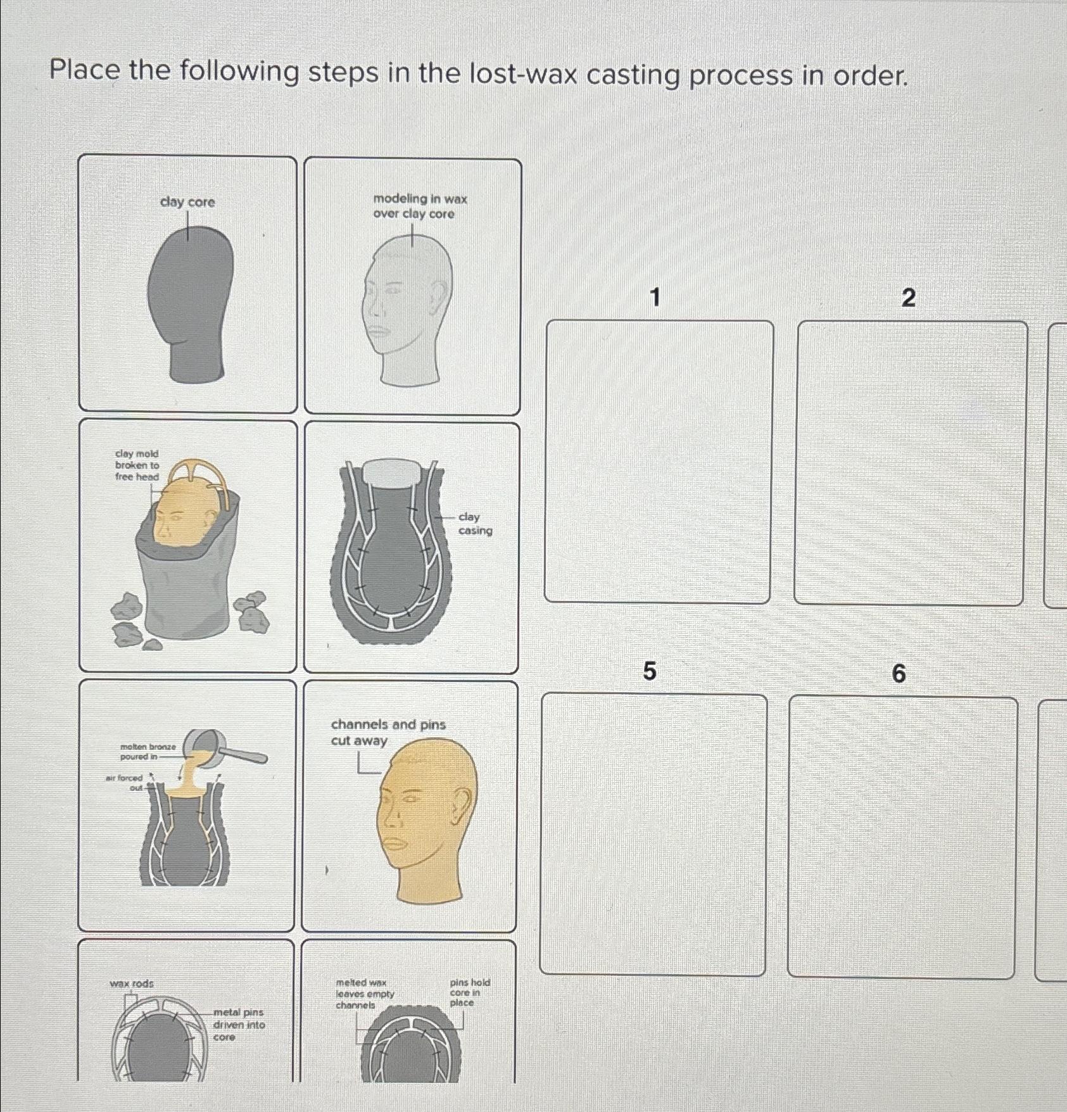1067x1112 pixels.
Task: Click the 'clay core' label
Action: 187,202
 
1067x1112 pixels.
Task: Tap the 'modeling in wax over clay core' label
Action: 420,206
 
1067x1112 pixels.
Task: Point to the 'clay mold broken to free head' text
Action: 137,465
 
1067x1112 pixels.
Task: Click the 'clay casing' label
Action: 474,524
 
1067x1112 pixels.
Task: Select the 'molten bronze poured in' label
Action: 148,752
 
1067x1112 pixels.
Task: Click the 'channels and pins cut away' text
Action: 388,732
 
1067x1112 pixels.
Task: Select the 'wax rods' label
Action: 131,983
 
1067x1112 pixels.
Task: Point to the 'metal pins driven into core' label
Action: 239,1025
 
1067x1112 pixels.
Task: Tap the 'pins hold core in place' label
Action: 469,992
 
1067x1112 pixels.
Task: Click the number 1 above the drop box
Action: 655,296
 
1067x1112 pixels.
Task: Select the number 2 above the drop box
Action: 908,297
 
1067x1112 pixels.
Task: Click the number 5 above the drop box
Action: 650,671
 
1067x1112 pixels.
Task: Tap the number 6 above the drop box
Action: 899,674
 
